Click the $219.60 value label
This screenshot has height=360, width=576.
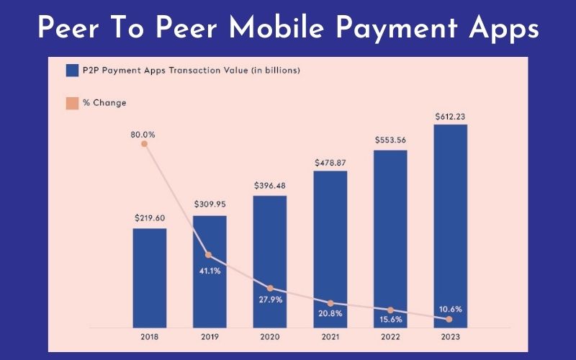150,217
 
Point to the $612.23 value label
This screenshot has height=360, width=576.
450,114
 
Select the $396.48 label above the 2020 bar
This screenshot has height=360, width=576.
270,185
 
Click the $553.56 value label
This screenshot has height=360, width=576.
390,140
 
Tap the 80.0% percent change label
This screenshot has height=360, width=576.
144,134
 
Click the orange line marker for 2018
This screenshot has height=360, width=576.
144,144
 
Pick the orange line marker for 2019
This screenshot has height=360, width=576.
207,255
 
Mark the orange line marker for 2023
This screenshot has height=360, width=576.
449,319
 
